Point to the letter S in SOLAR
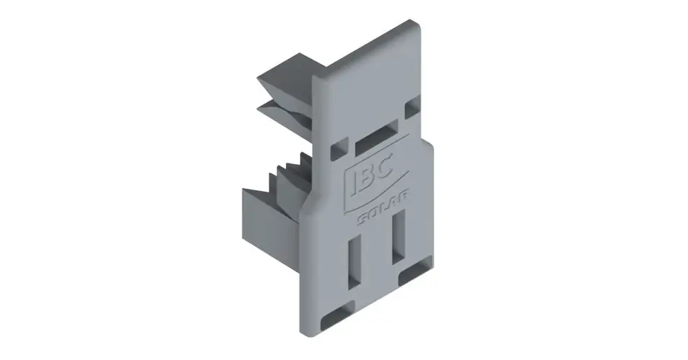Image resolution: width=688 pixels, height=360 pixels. coord(362,219)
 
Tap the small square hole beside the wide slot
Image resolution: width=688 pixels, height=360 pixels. coord(339,148)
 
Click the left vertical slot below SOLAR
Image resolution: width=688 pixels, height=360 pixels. coord(354,262)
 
